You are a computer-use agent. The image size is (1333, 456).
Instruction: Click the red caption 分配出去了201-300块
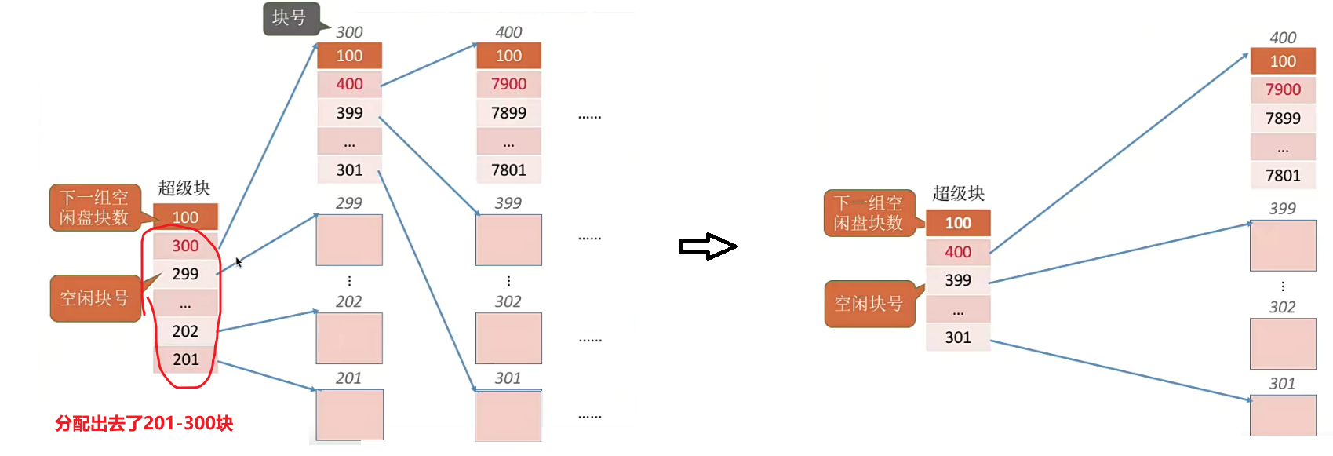(x=144, y=424)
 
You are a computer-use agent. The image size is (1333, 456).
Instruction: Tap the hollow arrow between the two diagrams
(x=707, y=246)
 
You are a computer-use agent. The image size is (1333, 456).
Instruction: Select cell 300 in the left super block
(x=185, y=246)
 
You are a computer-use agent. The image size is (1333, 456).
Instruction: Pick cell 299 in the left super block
(x=185, y=274)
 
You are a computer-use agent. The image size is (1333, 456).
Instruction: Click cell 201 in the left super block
(x=185, y=359)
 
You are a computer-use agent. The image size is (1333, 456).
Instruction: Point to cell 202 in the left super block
(x=185, y=331)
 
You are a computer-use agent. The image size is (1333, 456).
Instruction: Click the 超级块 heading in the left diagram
(x=184, y=188)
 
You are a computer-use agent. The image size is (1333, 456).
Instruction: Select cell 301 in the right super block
(x=958, y=337)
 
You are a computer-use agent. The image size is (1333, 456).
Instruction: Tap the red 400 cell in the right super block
(x=958, y=252)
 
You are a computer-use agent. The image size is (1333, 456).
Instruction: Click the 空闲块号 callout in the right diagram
(x=869, y=304)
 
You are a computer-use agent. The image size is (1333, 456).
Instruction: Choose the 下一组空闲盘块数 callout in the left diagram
(x=94, y=208)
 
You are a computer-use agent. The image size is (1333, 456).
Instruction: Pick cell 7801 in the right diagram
(x=1283, y=176)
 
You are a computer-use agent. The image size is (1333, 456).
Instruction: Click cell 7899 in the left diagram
(x=508, y=113)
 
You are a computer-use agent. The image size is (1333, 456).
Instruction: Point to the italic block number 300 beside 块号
(x=349, y=32)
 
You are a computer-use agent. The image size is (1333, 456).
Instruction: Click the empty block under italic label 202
(x=349, y=338)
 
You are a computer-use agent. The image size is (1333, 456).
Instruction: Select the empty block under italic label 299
(x=349, y=240)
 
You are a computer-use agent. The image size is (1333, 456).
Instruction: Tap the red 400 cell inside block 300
(x=349, y=84)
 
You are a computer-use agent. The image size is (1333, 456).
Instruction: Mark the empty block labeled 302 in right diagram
(x=1283, y=344)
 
